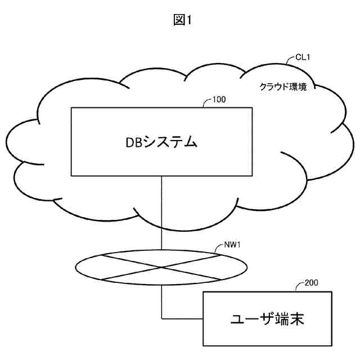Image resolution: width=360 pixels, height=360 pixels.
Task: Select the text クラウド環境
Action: [282, 87]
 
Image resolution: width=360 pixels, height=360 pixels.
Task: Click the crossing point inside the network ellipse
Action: [161, 267]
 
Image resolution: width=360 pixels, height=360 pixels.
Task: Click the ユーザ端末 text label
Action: [267, 319]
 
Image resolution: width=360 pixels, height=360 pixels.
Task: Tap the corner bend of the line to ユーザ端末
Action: [161, 319]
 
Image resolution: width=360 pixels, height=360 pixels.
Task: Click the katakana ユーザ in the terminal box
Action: [248, 319]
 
